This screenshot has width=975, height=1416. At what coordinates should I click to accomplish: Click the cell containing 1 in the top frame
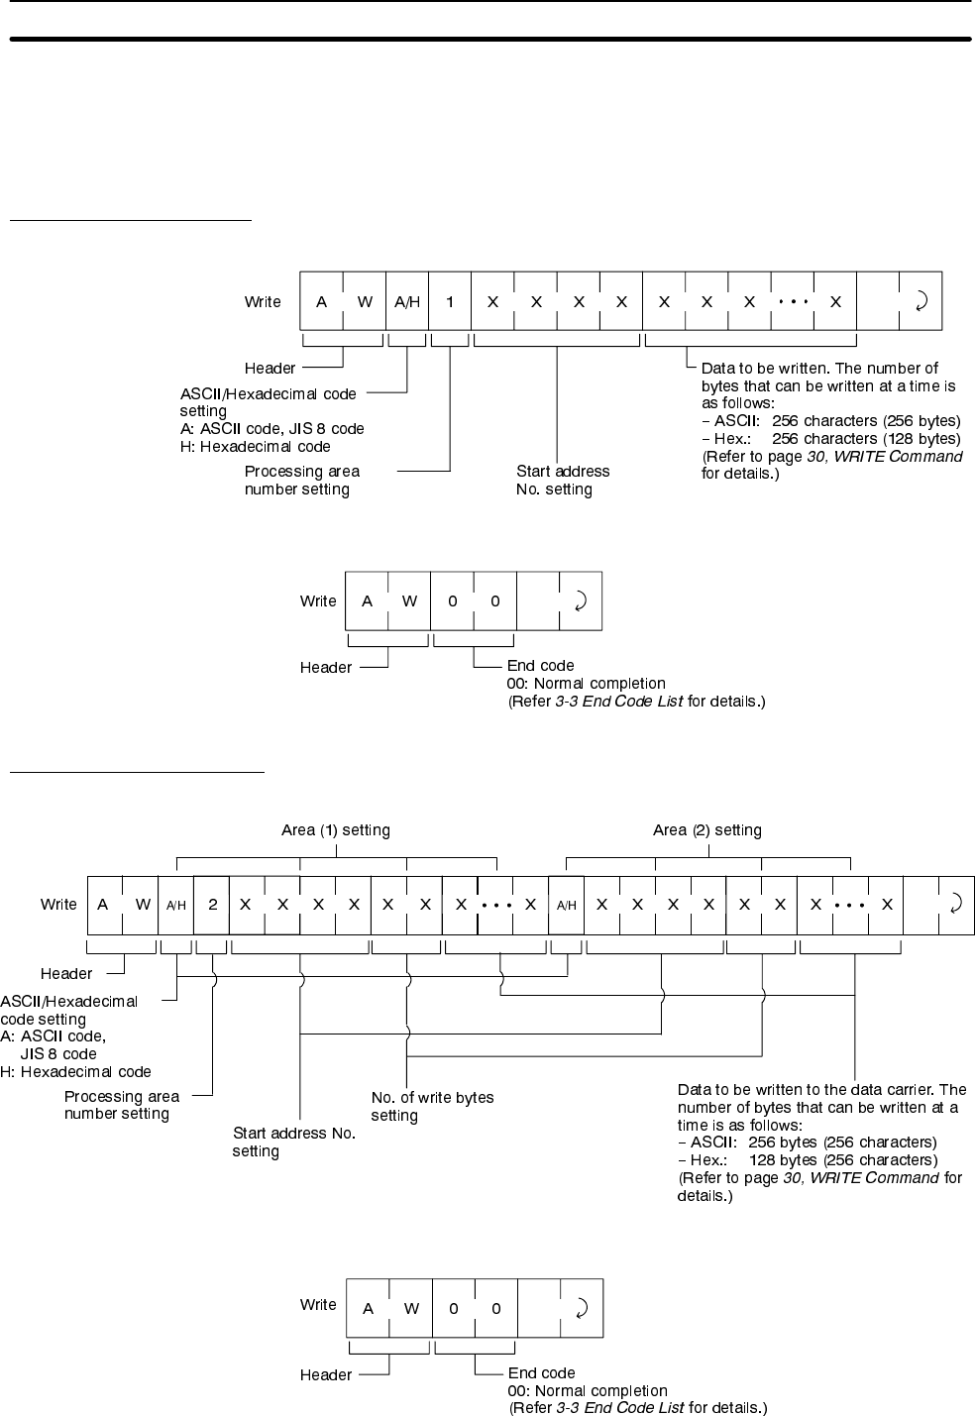[450, 301]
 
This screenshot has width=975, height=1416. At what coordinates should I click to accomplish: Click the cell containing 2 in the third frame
[212, 904]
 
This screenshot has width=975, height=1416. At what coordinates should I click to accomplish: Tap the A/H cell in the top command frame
[407, 301]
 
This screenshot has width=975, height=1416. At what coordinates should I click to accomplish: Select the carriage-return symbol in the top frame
[921, 301]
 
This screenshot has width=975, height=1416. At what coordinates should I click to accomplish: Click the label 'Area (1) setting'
[336, 830]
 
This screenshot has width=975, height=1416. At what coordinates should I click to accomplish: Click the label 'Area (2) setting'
[707, 830]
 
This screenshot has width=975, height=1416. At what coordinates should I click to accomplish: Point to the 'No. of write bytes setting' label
[432, 1106]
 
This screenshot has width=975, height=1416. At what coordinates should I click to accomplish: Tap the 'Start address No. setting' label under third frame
[293, 1142]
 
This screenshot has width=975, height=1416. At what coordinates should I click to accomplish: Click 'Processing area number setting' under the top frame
[302, 480]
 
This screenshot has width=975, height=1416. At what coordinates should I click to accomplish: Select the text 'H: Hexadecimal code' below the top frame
[255, 447]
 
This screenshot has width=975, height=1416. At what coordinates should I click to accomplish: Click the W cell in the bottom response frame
[411, 1308]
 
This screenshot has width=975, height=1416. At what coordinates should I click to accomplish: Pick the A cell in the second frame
[367, 600]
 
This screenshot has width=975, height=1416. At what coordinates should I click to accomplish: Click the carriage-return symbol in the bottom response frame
[582, 1308]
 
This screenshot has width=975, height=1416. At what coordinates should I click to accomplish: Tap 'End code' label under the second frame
[540, 666]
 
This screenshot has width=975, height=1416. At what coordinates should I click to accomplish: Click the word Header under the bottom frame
[325, 1374]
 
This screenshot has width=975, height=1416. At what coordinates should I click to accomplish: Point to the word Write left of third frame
[58, 904]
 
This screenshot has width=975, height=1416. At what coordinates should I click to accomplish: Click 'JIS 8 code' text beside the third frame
[58, 1053]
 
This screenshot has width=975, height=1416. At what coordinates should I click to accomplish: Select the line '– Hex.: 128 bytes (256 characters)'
[807, 1159]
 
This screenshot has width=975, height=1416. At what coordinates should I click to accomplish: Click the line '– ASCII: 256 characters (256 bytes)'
[830, 421]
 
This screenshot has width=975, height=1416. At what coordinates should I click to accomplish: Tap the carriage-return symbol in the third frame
[955, 904]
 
